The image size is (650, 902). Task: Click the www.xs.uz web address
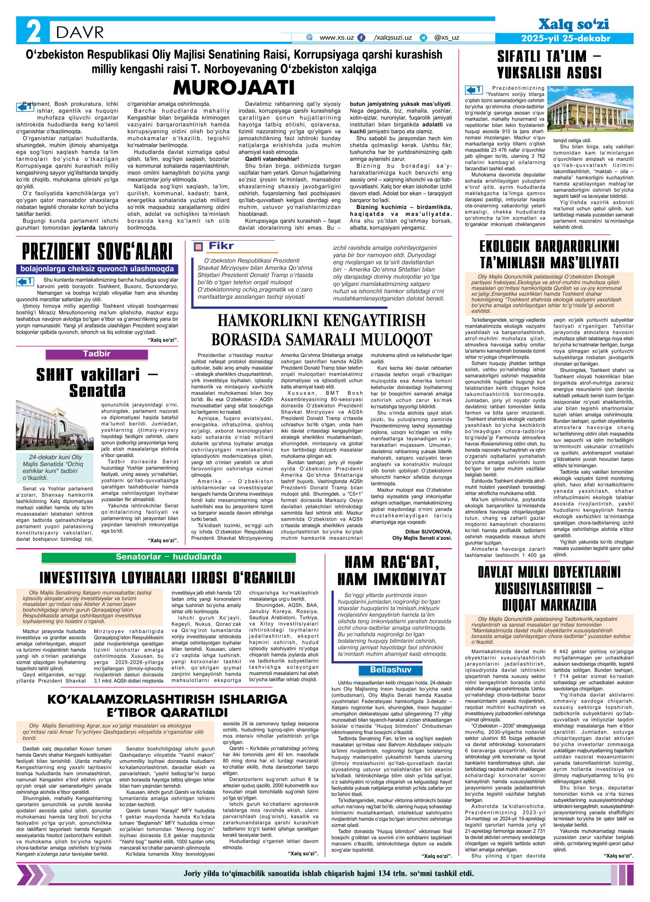(337, 37)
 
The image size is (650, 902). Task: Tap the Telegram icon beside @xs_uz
(423, 38)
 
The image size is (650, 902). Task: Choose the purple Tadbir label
(96, 354)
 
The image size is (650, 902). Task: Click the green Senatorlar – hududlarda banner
(169, 557)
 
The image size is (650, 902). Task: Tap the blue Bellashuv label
(385, 670)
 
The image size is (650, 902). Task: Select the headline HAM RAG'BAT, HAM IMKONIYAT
(391, 571)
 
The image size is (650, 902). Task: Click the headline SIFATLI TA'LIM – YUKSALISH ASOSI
(549, 64)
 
